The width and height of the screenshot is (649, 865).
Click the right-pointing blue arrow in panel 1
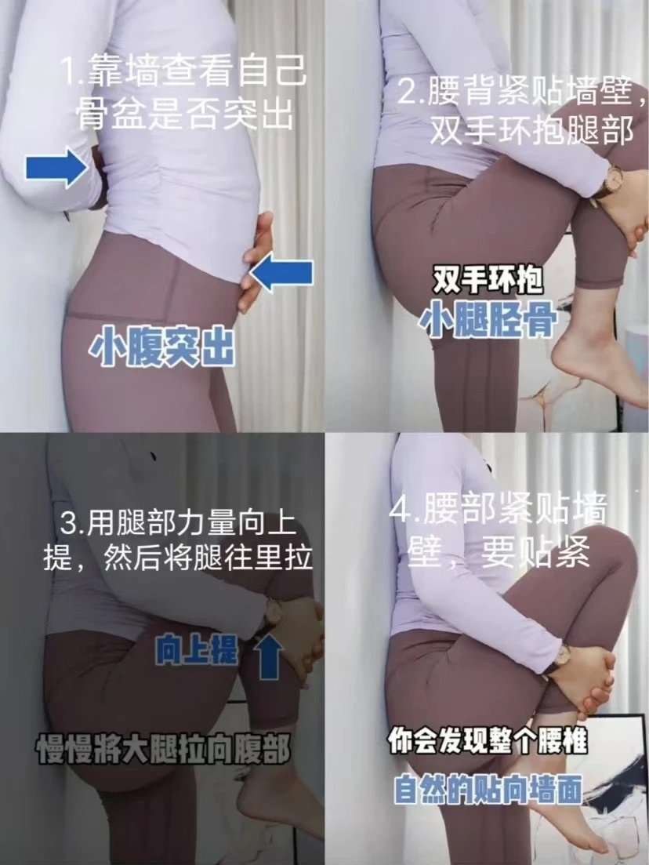point(57,167)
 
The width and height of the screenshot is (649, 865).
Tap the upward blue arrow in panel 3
point(269,656)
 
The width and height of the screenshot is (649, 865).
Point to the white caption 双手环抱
point(488,280)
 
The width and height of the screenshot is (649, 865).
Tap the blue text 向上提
point(197,651)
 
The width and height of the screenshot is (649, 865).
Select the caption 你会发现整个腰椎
point(488,741)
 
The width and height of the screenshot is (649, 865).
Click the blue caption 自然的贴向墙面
point(488,790)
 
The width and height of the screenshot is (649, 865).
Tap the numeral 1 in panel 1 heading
point(69,71)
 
